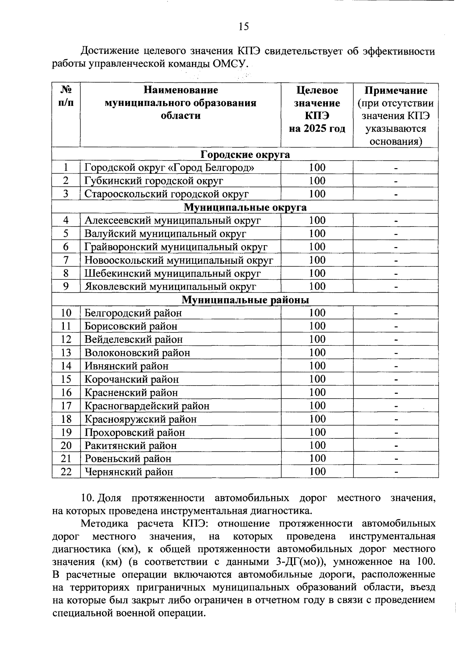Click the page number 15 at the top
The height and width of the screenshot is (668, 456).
pyautogui.click(x=244, y=26)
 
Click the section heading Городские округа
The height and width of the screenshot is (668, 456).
pyautogui.click(x=245, y=154)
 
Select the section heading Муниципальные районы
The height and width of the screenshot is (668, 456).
pyautogui.click(x=245, y=300)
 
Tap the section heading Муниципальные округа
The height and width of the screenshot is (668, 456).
pyautogui.click(x=245, y=208)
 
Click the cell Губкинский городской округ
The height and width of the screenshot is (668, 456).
pyautogui.click(x=154, y=181)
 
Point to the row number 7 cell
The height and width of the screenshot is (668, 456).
pyautogui.click(x=66, y=260)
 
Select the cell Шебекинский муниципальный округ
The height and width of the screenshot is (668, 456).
pyautogui.click(x=173, y=274)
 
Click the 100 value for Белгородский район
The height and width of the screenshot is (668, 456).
pyautogui.click(x=317, y=313)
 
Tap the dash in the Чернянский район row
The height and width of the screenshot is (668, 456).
pyautogui.click(x=396, y=472)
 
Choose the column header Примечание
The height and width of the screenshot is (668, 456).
pyautogui.click(x=396, y=90)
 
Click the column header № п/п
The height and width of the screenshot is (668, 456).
pyautogui.click(x=66, y=96)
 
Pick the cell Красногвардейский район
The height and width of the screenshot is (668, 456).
pyautogui.click(x=147, y=406)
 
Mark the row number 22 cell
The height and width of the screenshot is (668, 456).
pyautogui.click(x=66, y=472)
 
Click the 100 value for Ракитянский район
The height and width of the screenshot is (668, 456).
pyautogui.click(x=317, y=446)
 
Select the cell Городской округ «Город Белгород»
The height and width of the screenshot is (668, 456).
pyautogui.click(x=169, y=168)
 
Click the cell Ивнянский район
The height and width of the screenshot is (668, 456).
pyautogui.click(x=126, y=366)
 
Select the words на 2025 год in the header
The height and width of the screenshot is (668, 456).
pyautogui.click(x=317, y=129)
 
